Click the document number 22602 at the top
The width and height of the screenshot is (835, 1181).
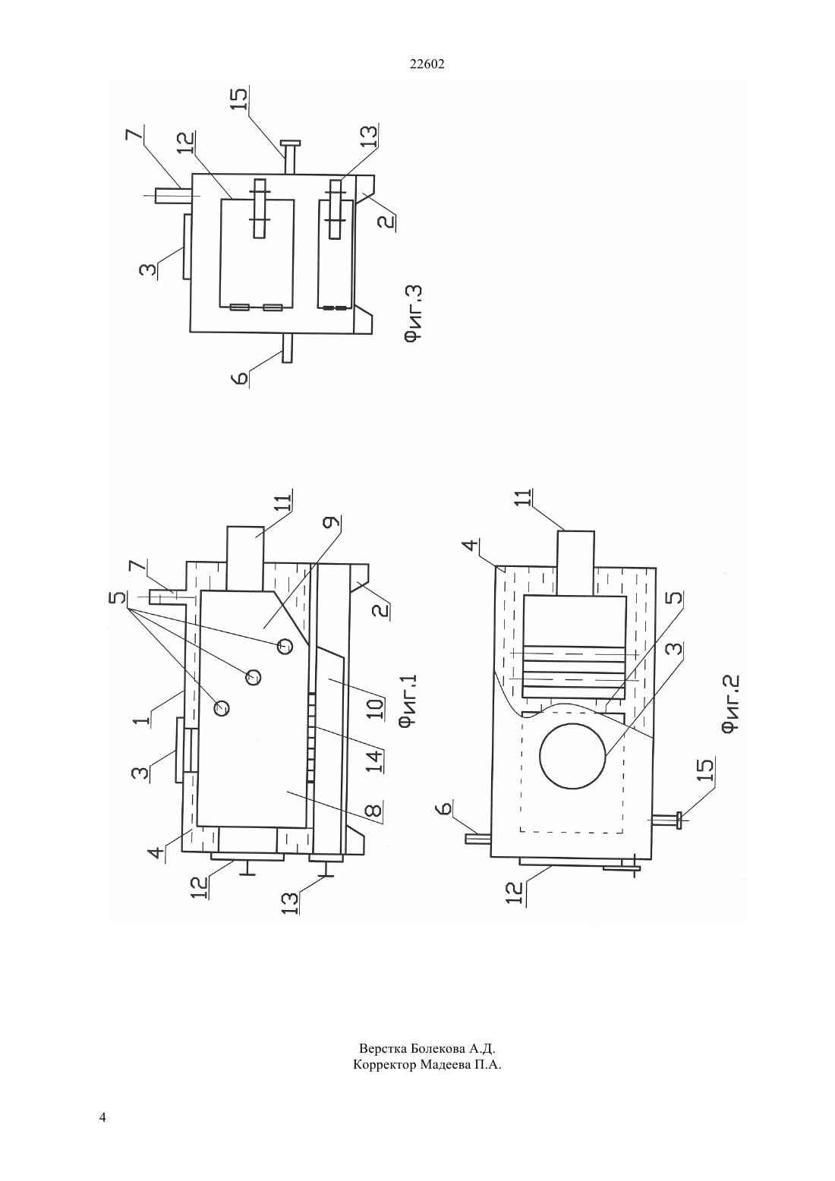(x=427, y=65)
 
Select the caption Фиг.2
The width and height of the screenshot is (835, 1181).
(x=730, y=704)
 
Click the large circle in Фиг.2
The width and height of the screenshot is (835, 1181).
(x=573, y=755)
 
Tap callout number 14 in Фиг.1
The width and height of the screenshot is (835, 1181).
(x=375, y=761)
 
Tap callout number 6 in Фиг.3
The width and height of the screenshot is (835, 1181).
(x=240, y=378)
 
